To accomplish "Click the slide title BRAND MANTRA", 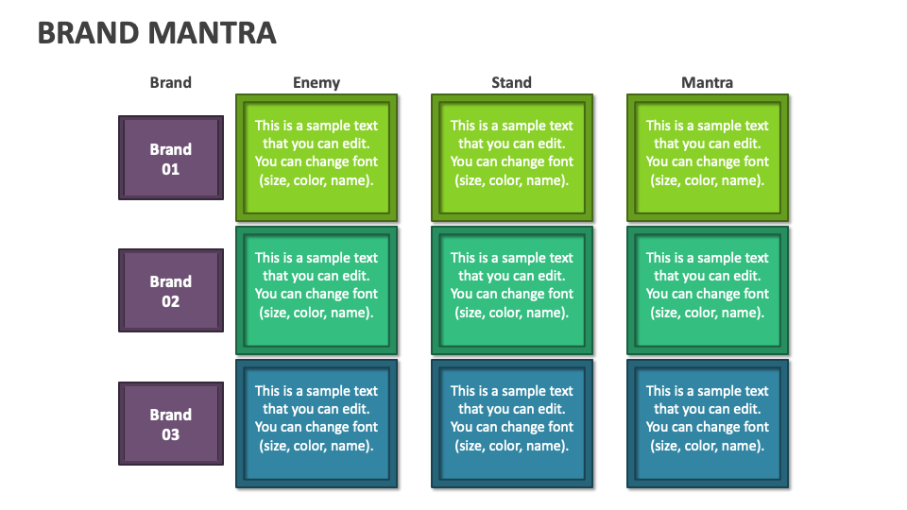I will tap(157, 33).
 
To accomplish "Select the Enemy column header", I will tap(316, 82).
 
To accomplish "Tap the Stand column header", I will tap(511, 82).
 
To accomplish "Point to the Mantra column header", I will tap(707, 82).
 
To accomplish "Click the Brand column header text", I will tap(170, 82).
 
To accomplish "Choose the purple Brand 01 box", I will tap(171, 158).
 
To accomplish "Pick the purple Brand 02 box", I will tap(171, 290).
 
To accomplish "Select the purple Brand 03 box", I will tap(171, 423).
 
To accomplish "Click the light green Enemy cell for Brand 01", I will tap(316, 157).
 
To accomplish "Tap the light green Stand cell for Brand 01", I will tap(511, 157).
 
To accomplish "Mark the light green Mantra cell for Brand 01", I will tap(707, 157).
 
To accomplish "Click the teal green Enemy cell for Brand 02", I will tap(316, 290).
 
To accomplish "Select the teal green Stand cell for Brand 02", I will tap(511, 290).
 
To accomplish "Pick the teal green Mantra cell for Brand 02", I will tap(707, 290).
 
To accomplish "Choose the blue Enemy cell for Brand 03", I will tap(316, 423).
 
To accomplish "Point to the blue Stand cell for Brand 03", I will tap(511, 423).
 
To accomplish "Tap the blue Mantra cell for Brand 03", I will tap(707, 423).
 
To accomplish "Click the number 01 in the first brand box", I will tap(171, 169).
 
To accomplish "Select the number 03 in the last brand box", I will tap(171, 434).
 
